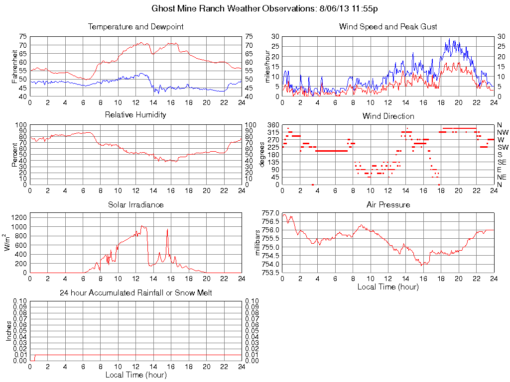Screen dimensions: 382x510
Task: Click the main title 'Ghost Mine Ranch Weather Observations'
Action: (255, 9)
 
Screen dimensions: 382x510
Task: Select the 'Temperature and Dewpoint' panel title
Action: (135, 26)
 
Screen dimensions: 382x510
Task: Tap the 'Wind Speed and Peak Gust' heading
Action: (388, 26)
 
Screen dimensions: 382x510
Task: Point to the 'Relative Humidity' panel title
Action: (135, 115)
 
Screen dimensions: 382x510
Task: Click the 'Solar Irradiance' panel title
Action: (135, 204)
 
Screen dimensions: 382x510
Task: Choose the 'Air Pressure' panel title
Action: (388, 204)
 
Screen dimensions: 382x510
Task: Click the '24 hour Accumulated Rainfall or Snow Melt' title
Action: (135, 293)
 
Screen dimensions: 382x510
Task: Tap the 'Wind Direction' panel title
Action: (388, 116)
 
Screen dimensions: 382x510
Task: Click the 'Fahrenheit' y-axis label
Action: (15, 66)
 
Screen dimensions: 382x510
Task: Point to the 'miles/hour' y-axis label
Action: (267, 66)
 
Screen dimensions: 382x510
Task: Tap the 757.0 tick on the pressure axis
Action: (271, 213)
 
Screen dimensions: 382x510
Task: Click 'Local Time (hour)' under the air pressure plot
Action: (388, 286)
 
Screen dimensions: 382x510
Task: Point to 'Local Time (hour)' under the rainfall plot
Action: (135, 375)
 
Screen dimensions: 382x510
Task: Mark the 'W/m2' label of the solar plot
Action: (8, 243)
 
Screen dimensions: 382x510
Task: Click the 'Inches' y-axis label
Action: (8, 331)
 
